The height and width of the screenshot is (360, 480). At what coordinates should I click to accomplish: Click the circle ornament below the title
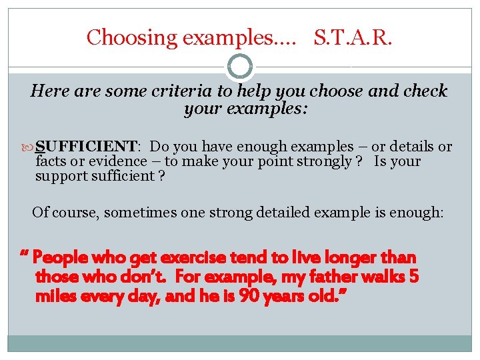pyautogui.click(x=240, y=67)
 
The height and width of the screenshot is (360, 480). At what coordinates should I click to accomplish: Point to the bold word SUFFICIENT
pyautogui.click(x=86, y=147)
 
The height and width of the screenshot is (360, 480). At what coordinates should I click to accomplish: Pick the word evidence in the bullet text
pyautogui.click(x=121, y=161)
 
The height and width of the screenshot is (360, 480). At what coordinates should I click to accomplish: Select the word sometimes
pyautogui.click(x=137, y=213)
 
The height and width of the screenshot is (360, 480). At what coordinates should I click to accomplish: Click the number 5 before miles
pyautogui.click(x=413, y=276)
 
